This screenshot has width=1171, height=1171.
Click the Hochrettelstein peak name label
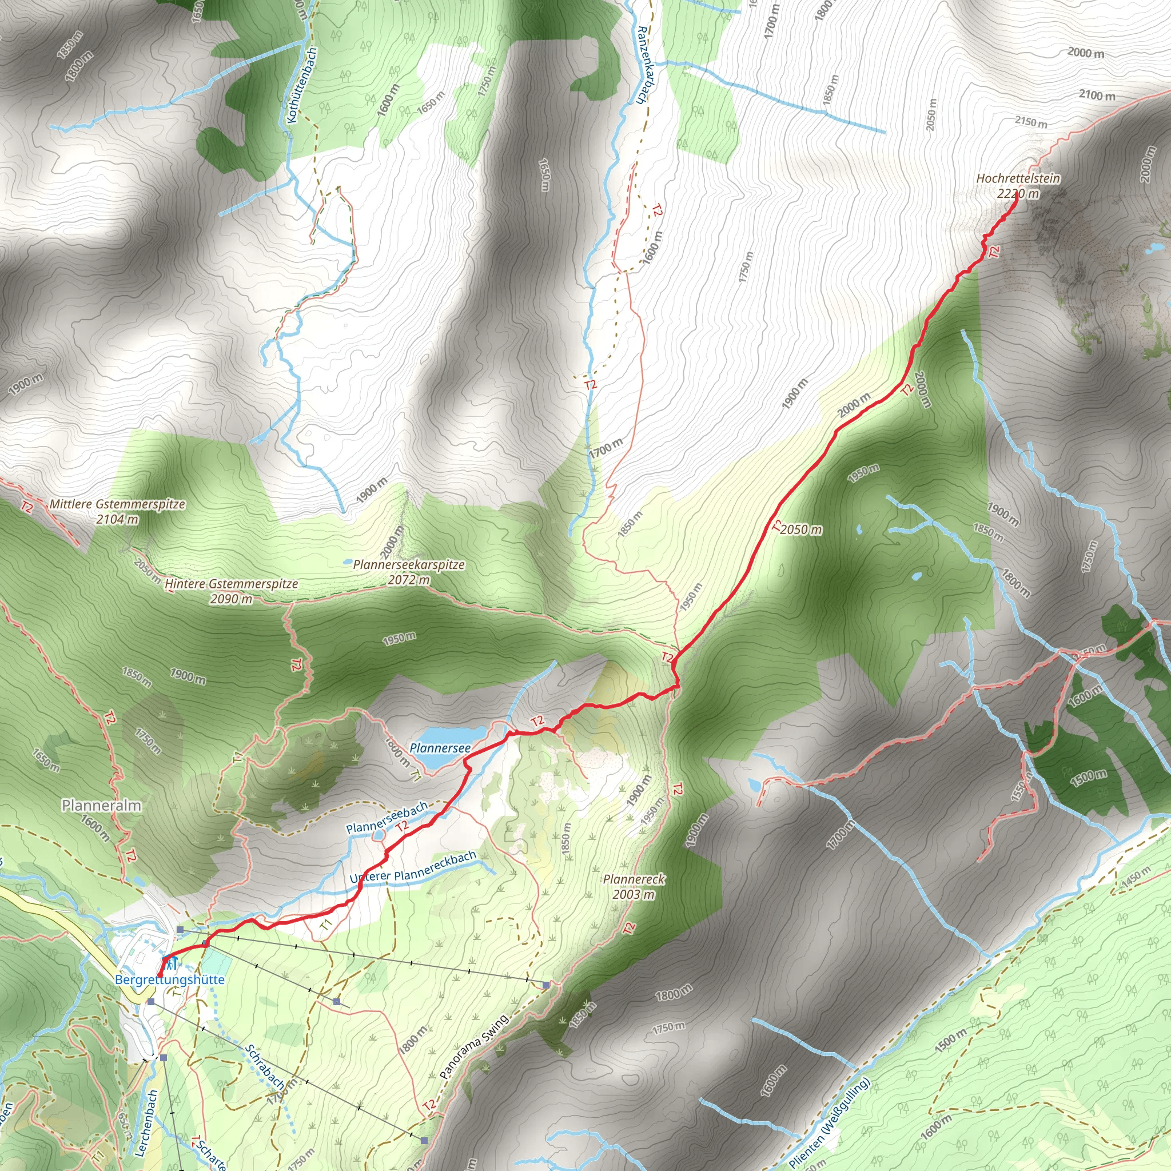tap(1018, 178)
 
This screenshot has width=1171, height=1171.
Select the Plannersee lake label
tap(440, 748)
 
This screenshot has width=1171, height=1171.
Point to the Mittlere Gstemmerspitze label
tap(117, 504)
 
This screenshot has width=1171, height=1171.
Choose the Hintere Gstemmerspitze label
tap(232, 584)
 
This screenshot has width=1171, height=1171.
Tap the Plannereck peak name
tap(634, 879)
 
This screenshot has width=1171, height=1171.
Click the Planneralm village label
tap(101, 806)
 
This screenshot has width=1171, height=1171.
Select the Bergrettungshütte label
tap(170, 979)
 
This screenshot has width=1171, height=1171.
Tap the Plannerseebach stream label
tap(387, 818)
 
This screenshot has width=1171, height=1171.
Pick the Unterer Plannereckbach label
tap(413, 869)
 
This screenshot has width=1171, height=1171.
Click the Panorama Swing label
tap(474, 1046)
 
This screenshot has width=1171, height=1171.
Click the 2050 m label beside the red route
tap(801, 529)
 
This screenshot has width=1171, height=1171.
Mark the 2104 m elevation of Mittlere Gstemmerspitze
tap(117, 519)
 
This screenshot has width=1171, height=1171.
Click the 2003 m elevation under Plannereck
tap(634, 895)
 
